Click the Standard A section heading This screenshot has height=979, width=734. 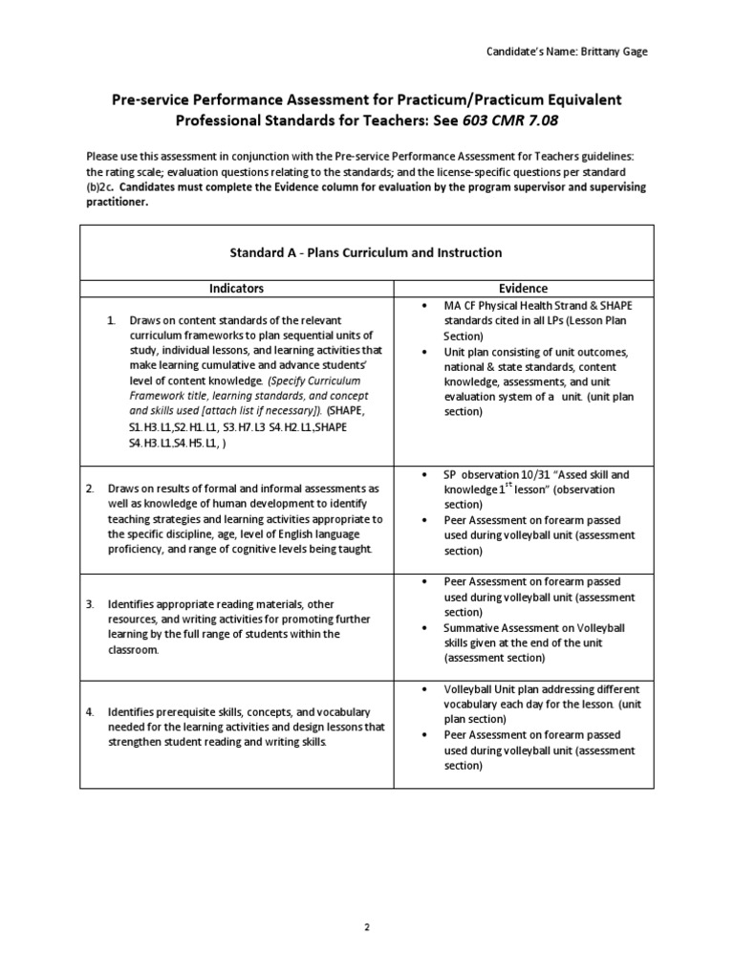point(366,252)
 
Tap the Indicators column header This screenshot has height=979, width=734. point(236,288)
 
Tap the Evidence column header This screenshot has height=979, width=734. point(524,288)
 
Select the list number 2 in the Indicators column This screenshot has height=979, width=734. point(90,489)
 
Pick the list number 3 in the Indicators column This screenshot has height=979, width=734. point(90,605)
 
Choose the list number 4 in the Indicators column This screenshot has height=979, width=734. point(90,712)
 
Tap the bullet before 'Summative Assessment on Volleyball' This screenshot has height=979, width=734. point(422,628)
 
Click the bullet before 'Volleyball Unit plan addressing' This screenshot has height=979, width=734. point(422,689)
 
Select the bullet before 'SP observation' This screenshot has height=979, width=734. point(422,474)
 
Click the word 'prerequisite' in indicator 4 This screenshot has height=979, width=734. point(195,712)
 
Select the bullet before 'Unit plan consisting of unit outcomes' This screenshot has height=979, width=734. point(422,352)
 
